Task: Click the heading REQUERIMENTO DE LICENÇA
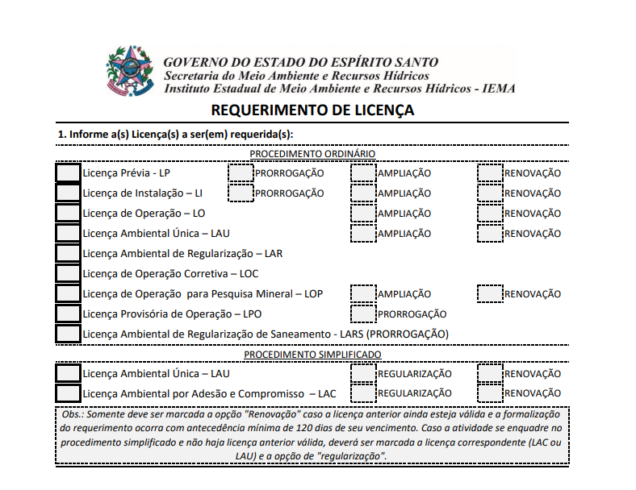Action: pyautogui.click(x=312, y=110)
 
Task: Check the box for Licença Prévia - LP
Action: pyautogui.click(x=69, y=172)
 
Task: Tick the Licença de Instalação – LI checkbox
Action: pyautogui.click(x=69, y=193)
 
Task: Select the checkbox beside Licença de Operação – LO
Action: pyautogui.click(x=69, y=213)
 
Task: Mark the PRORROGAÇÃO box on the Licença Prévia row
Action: pyautogui.click(x=241, y=172)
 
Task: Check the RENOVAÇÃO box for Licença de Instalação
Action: pyautogui.click(x=490, y=193)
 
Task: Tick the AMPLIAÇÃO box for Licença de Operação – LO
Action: pyautogui.click(x=364, y=213)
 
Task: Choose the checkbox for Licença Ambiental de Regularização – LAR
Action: pyautogui.click(x=69, y=253)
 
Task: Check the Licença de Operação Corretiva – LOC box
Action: pyautogui.click(x=69, y=273)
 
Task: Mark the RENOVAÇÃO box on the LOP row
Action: pyautogui.click(x=490, y=293)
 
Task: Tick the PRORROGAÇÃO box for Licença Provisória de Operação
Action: pyautogui.click(x=364, y=314)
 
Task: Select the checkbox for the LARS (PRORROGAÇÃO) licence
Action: pyautogui.click(x=69, y=334)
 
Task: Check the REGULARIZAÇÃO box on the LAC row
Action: pyautogui.click(x=364, y=393)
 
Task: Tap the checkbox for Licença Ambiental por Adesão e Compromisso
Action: pyautogui.click(x=69, y=393)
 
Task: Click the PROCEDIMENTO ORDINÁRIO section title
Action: pyautogui.click(x=312, y=153)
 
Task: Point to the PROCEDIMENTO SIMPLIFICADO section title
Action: pyautogui.click(x=312, y=354)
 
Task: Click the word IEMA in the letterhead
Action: pyautogui.click(x=498, y=89)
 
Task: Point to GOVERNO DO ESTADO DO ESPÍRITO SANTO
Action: pyautogui.click(x=300, y=62)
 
